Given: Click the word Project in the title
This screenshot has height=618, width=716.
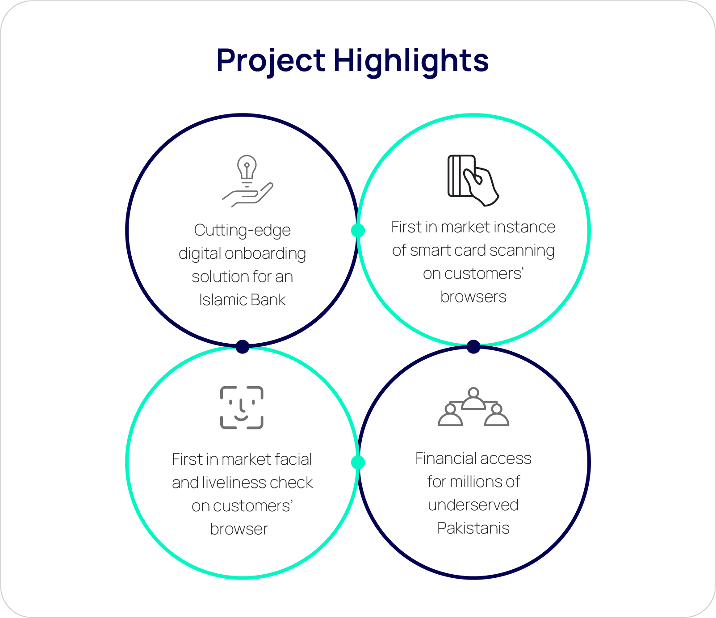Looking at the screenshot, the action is point(271,61).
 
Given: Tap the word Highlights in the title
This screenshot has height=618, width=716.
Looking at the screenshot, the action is point(411,61).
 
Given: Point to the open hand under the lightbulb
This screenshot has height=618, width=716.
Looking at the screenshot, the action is point(248,195).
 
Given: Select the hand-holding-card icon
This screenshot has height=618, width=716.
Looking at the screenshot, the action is point(473,181).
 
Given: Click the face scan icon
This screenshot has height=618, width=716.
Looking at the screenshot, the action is point(242,408).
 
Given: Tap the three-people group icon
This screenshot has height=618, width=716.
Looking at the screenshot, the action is point(473,407).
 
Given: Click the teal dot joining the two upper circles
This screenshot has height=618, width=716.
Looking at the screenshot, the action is point(358,230).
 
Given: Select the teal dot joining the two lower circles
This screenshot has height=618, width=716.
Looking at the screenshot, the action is point(358,462).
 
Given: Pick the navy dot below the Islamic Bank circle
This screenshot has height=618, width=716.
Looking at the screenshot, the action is point(243,346).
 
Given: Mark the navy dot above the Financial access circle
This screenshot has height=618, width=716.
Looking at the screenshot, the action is point(473,346).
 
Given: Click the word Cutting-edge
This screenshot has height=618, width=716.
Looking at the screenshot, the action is point(243,231).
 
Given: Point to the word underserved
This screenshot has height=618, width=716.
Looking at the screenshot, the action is point(473,505).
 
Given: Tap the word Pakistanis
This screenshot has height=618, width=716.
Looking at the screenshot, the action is point(473,528).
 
